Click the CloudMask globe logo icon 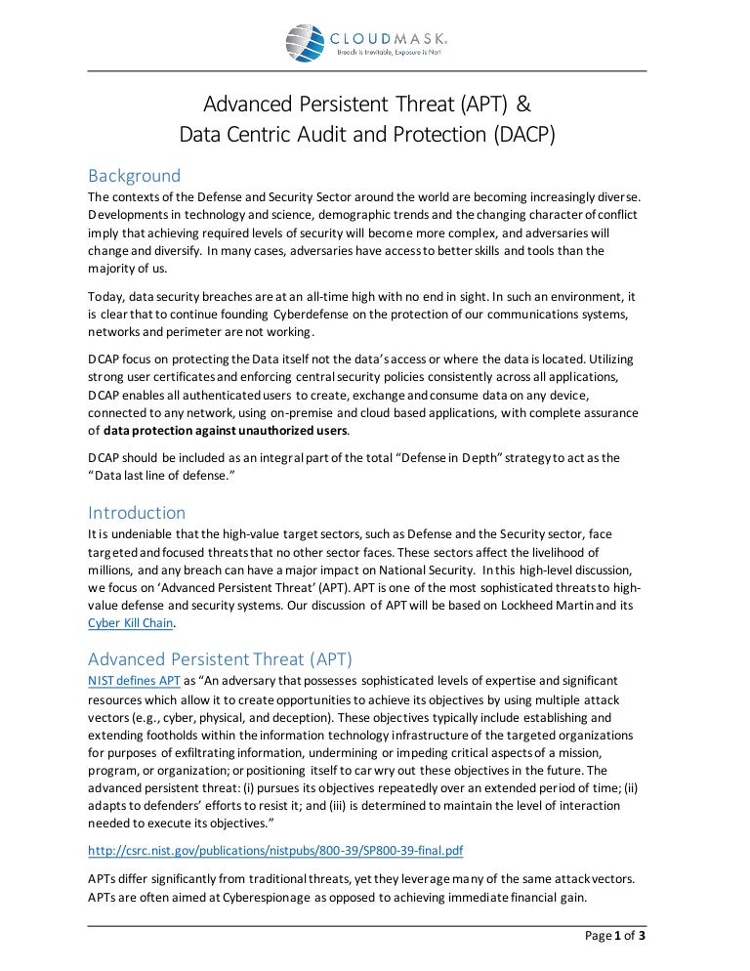tap(305, 42)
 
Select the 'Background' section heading tap(134, 176)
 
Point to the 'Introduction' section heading tap(137, 513)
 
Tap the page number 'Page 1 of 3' tap(614, 936)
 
